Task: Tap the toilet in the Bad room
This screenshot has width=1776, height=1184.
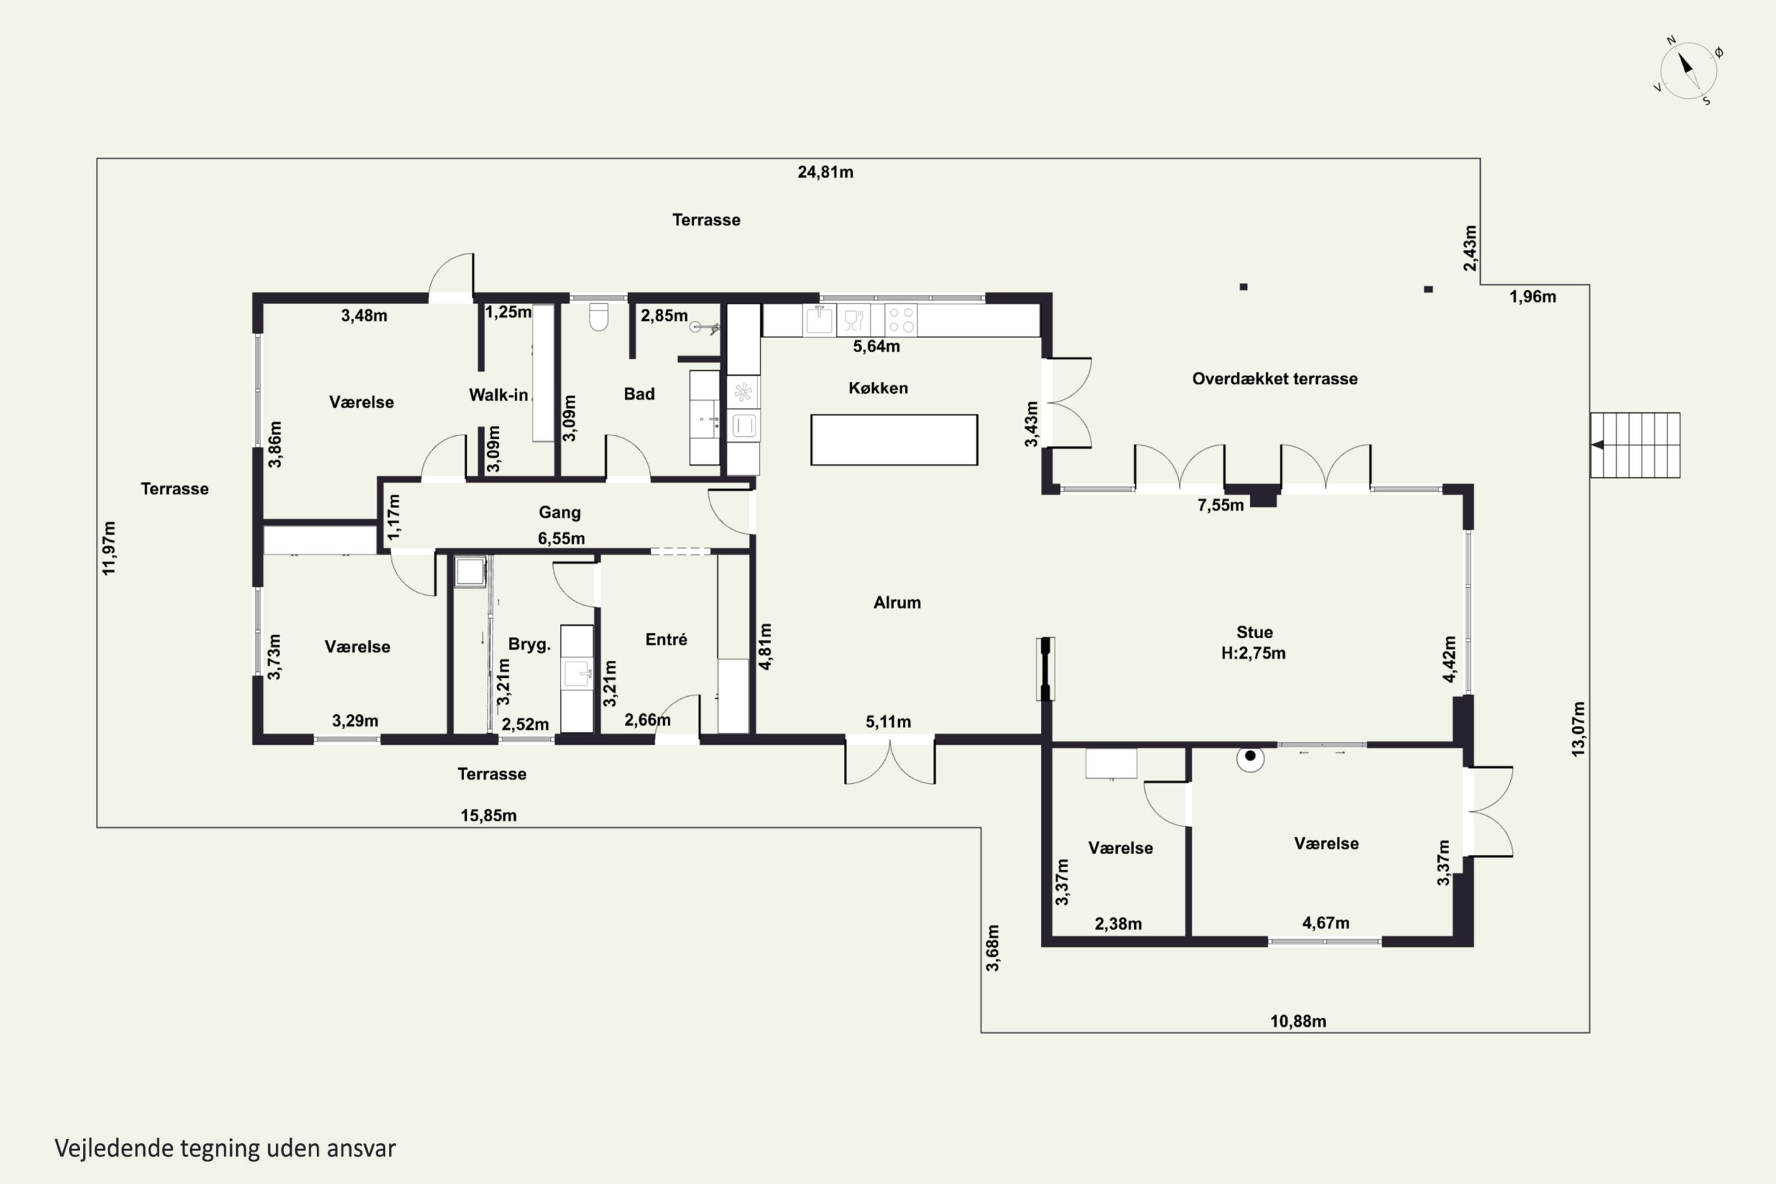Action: click(x=598, y=317)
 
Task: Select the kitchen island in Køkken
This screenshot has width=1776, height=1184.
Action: click(x=894, y=439)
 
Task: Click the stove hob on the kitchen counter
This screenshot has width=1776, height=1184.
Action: click(x=901, y=320)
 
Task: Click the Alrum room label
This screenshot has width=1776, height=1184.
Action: click(x=897, y=603)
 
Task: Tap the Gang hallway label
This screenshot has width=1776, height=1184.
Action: click(x=559, y=512)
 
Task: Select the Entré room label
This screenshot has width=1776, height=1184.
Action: click(x=666, y=639)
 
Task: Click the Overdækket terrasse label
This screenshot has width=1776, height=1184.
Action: click(x=1275, y=379)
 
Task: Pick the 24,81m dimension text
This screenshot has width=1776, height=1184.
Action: click(x=825, y=172)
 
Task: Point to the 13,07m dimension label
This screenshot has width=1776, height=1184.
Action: click(x=1578, y=729)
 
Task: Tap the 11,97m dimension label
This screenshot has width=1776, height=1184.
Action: click(x=110, y=548)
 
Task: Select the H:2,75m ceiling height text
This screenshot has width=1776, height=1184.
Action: click(x=1253, y=653)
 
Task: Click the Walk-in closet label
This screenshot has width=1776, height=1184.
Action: click(x=498, y=395)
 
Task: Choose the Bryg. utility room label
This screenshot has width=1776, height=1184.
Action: click(x=529, y=645)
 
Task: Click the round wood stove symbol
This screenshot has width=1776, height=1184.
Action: click(x=1250, y=757)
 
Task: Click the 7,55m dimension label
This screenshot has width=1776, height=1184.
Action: click(x=1220, y=505)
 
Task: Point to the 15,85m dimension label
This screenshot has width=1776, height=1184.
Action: click(x=488, y=816)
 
